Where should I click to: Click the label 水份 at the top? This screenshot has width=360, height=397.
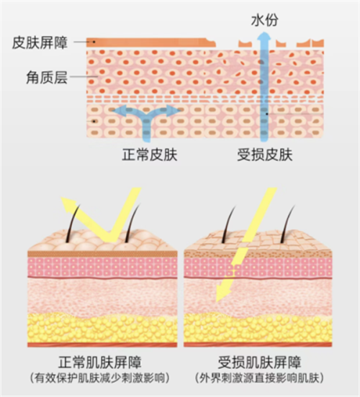coord(264,20)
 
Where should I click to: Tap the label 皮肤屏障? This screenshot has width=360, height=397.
coord(40,42)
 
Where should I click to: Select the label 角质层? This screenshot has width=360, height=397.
coord(47,77)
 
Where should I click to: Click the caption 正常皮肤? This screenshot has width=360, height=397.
coord(150,155)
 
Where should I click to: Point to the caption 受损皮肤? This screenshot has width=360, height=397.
coord(265,155)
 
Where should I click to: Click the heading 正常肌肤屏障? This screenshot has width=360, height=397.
coord(99,362)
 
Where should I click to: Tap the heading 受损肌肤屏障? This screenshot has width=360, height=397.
coord(259,362)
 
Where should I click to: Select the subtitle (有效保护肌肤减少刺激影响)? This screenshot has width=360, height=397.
coord(99,378)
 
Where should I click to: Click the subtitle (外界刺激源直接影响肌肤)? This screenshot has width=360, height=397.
coord(260,378)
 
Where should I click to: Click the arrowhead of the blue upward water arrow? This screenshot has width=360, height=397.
coord(264,35)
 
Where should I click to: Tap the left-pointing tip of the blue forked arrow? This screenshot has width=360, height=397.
coord(112,111)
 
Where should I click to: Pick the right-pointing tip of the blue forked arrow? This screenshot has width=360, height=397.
coord(181,110)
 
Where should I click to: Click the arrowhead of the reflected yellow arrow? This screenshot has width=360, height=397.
coord(66,203)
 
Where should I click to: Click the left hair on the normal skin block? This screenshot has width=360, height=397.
coord(72,224)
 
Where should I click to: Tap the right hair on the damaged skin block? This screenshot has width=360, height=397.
coord(287,225)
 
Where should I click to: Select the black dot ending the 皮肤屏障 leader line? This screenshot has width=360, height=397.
coord(94,42)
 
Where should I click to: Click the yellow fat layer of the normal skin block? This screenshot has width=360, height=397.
coord(102,329)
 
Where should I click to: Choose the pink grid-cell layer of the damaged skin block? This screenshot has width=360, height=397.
coord(258,267)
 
